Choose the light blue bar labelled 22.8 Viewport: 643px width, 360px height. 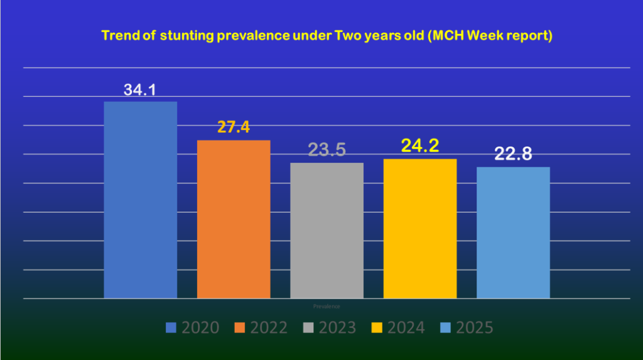513,232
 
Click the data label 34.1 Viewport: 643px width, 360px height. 139,89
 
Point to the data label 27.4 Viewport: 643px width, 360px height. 234,128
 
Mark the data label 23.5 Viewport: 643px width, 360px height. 327,150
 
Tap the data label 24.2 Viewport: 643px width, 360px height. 419,146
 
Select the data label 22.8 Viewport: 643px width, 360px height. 513,155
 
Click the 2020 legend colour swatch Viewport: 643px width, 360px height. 171,327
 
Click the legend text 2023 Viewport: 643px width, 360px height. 338,327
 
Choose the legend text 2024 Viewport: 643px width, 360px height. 407,327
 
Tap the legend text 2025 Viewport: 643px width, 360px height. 475,327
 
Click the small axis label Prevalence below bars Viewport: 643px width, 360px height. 327,306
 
